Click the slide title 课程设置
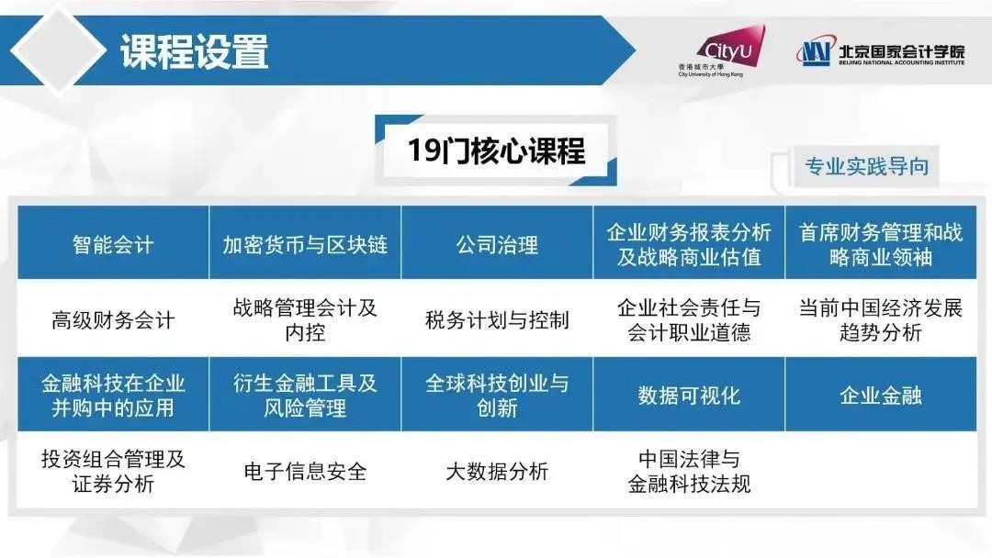(194, 51)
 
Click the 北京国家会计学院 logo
(880, 51)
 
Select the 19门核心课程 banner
(496, 151)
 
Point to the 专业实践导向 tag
(866, 166)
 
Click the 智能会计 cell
(113, 242)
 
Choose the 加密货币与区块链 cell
(305, 242)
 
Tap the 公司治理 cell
(497, 242)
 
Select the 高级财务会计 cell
(113, 318)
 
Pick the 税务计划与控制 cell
(497, 318)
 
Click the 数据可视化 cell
(689, 395)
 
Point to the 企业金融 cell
(881, 395)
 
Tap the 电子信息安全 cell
(305, 470)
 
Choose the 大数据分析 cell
(497, 470)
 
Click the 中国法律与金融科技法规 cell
(689, 470)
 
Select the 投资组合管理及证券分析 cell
(113, 470)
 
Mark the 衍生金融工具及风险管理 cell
(305, 395)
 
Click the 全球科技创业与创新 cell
(497, 395)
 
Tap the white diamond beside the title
(58, 50)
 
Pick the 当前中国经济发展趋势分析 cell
(881, 318)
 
